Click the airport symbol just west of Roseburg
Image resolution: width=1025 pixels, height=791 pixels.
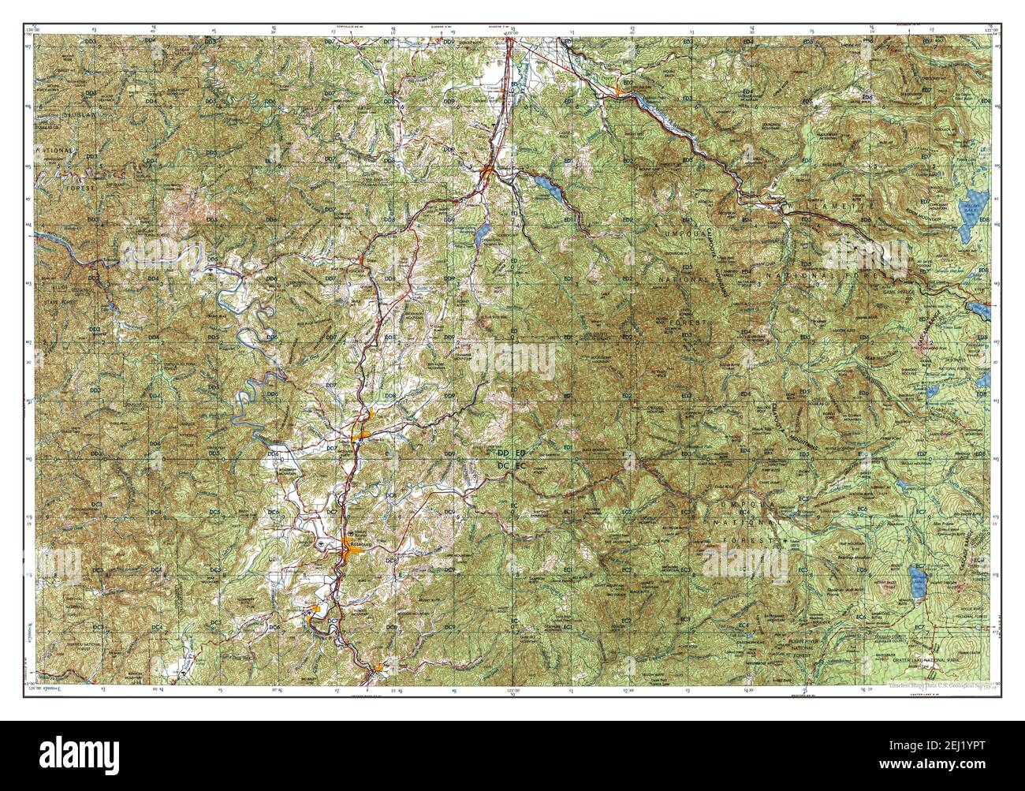[319, 544]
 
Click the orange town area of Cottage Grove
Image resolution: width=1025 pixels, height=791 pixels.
[487, 168]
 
